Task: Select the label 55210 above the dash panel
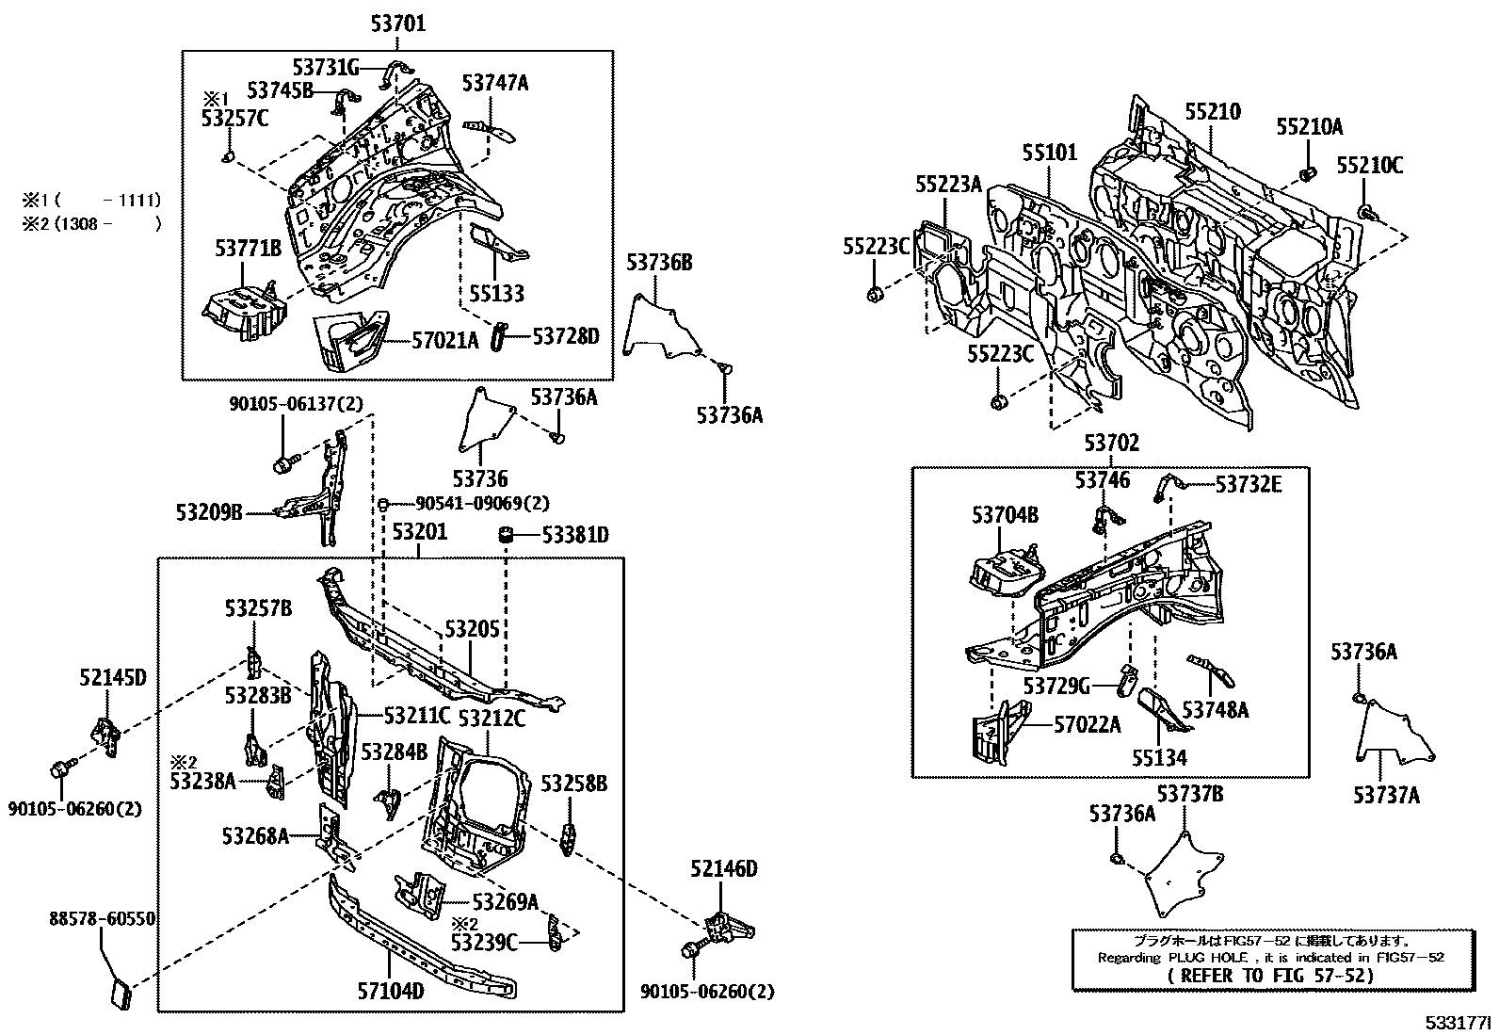point(1212,111)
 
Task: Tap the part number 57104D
point(392,991)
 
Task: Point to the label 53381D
point(574,535)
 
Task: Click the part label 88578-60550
point(103,919)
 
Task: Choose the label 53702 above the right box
point(1111,443)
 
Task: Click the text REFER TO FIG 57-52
point(1270,976)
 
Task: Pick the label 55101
point(1049,152)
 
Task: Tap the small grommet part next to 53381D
point(506,535)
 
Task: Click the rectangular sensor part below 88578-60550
point(119,994)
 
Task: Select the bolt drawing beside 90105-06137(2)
point(284,463)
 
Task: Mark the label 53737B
point(1190,794)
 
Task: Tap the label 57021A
point(445,339)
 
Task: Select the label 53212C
point(491,718)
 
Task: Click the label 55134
point(1159,756)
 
